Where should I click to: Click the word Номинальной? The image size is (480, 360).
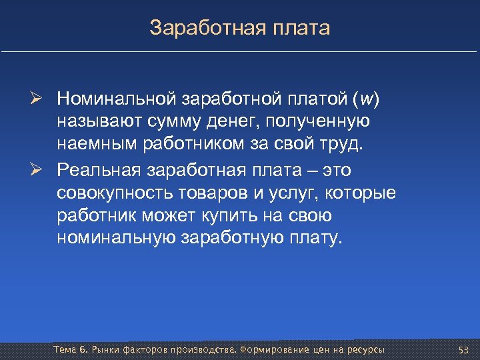(117, 99)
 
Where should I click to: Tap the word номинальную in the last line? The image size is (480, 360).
(117, 239)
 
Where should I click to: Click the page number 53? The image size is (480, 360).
(464, 350)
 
